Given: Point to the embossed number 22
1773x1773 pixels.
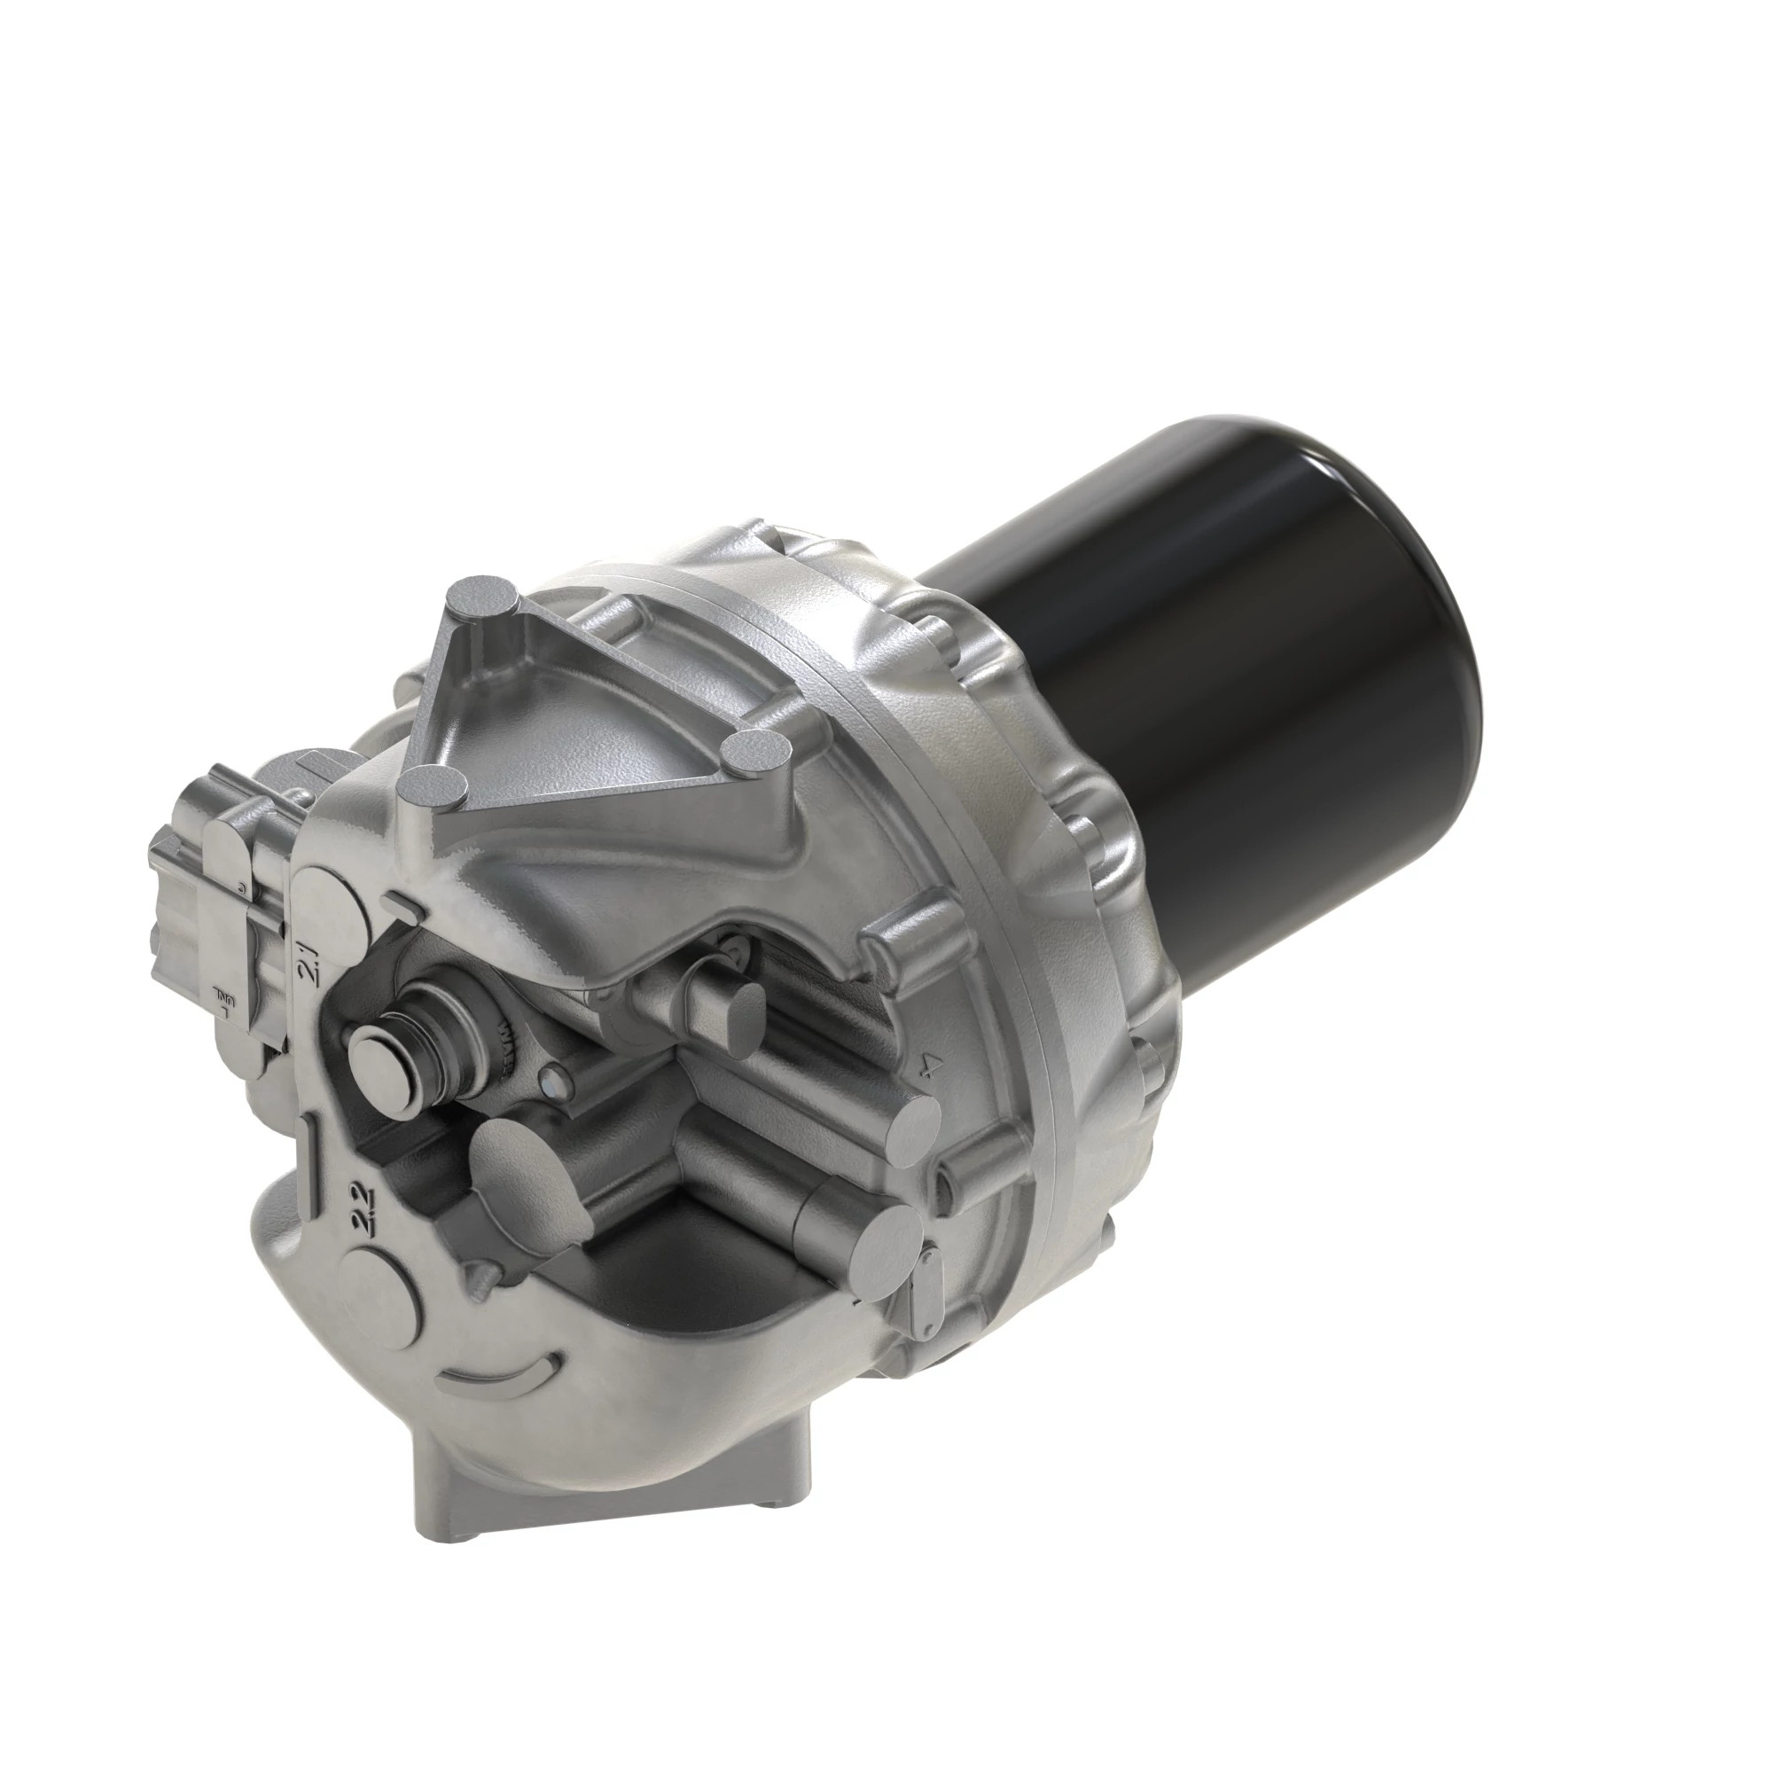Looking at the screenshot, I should pyautogui.click(x=361, y=1210).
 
